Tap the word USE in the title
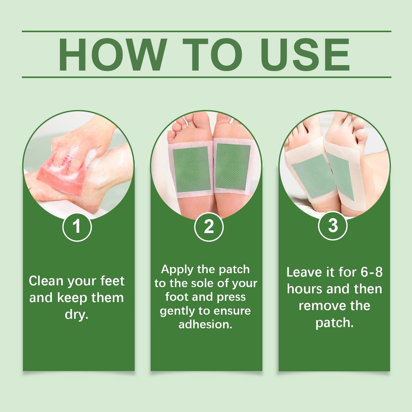tap(305, 54)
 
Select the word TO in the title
tap(212, 54)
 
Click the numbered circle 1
tap(77, 227)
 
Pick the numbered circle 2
tap(209, 227)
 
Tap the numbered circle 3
tap(332, 226)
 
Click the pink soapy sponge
tap(61, 174)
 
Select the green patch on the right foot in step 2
tap(232, 167)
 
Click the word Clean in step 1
tap(46, 281)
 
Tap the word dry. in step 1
tap(76, 314)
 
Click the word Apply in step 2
tap(177, 270)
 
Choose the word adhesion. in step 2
tap(205, 324)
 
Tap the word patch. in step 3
tap(334, 323)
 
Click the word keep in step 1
tap(72, 298)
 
